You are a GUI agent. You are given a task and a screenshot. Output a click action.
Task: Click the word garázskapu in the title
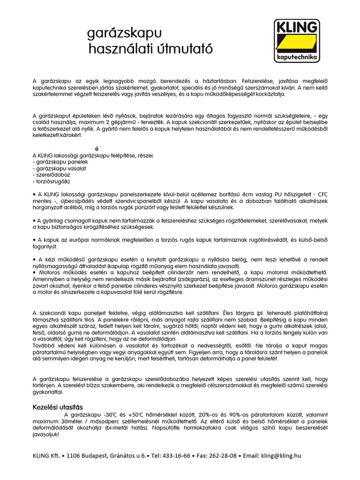click(x=124, y=33)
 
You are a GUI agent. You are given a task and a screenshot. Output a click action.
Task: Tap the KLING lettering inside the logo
click(x=297, y=28)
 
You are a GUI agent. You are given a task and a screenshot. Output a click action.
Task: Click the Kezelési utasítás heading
click(x=58, y=407)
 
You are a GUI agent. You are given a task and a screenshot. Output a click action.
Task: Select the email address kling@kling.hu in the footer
click(x=281, y=455)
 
